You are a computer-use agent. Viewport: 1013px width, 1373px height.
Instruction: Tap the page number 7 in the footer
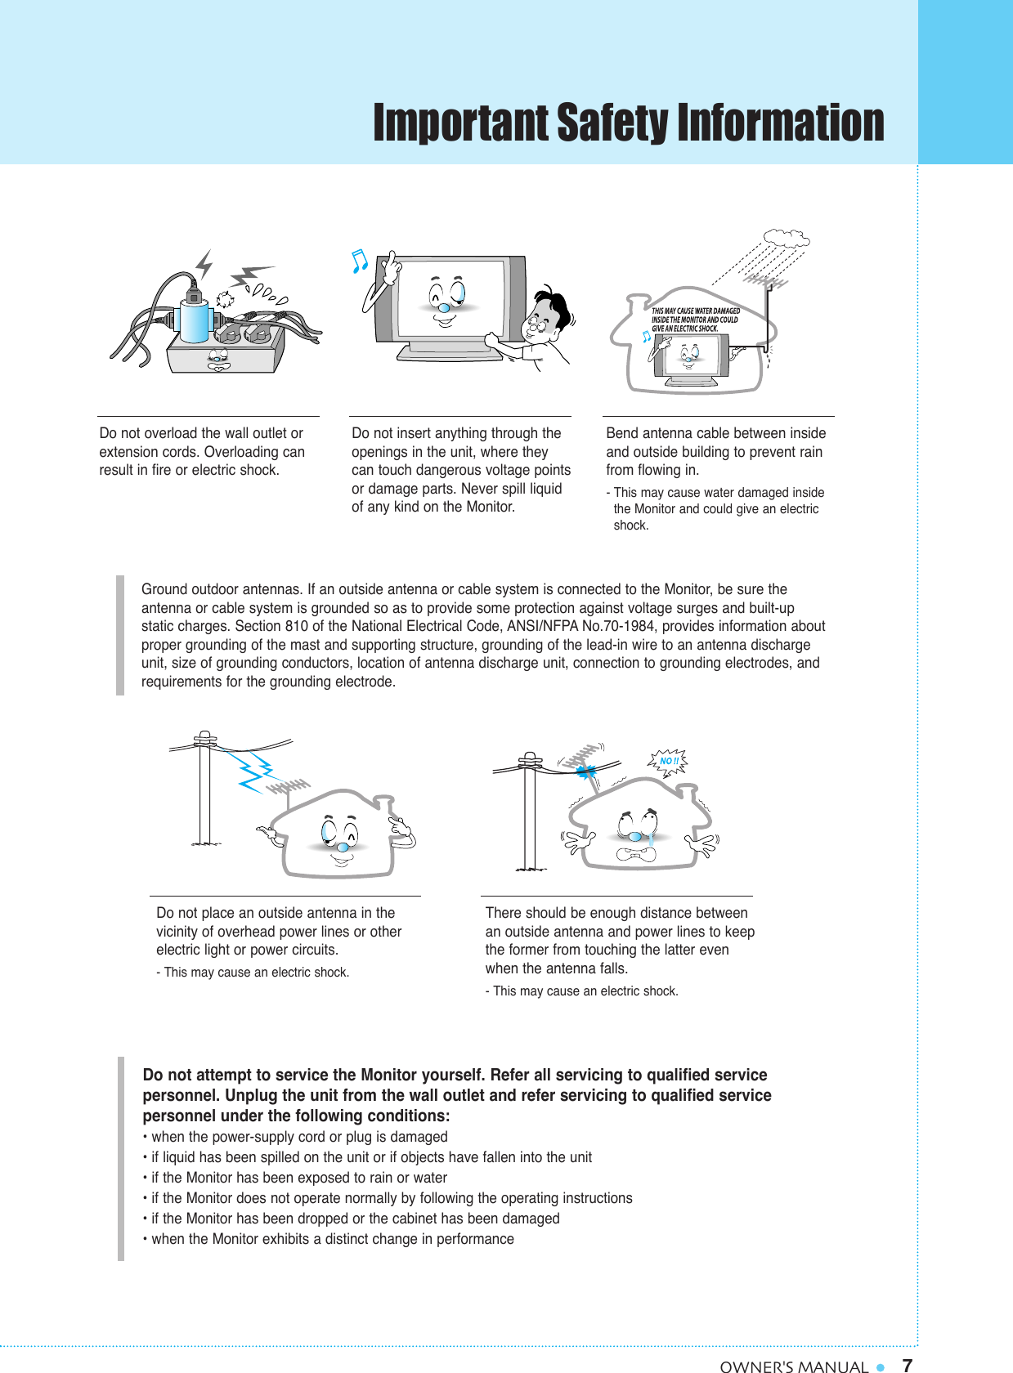tap(907, 1365)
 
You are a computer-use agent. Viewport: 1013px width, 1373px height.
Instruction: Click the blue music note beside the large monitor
tap(359, 262)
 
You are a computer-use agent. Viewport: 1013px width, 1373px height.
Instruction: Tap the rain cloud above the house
tap(786, 239)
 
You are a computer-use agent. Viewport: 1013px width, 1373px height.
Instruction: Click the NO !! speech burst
tap(669, 761)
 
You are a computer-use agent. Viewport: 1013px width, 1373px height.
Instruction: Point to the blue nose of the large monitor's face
tap(443, 306)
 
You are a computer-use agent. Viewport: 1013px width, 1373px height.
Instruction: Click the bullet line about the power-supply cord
tap(298, 1137)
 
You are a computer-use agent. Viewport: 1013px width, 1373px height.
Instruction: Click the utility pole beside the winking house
tap(204, 793)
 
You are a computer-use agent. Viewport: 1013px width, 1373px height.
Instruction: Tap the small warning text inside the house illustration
tap(695, 320)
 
